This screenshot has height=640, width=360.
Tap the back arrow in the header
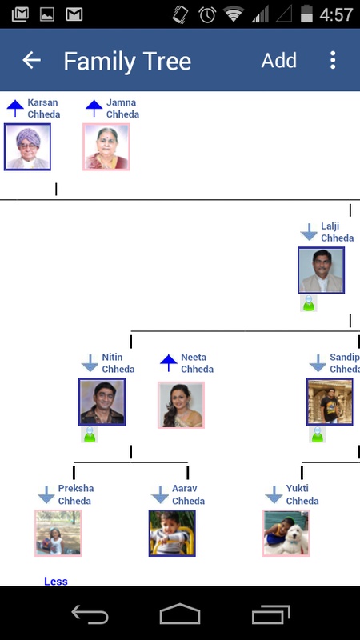(31, 61)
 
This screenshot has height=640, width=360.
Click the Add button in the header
(278, 61)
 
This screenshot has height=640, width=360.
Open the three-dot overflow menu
(333, 60)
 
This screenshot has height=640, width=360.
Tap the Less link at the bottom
(56, 581)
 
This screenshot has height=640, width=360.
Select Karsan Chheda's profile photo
(27, 147)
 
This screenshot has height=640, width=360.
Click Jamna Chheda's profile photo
(106, 147)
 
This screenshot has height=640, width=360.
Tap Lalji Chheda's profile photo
(322, 270)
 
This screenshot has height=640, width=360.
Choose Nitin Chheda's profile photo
(102, 402)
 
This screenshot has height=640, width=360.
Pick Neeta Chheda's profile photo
(181, 405)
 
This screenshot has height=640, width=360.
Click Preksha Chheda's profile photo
(58, 533)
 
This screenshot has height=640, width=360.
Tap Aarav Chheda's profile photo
(172, 533)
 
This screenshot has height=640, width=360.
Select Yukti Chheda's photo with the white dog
(286, 533)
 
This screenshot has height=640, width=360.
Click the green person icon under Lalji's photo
(309, 303)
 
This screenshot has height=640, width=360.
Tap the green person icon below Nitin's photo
(90, 434)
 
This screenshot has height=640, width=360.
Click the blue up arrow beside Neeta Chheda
(169, 363)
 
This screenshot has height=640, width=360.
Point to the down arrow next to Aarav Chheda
(159, 494)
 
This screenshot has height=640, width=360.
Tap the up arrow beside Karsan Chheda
(15, 108)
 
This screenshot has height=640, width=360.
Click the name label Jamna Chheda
(122, 108)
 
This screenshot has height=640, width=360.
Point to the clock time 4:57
(336, 15)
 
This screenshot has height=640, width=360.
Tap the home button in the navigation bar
(180, 614)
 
